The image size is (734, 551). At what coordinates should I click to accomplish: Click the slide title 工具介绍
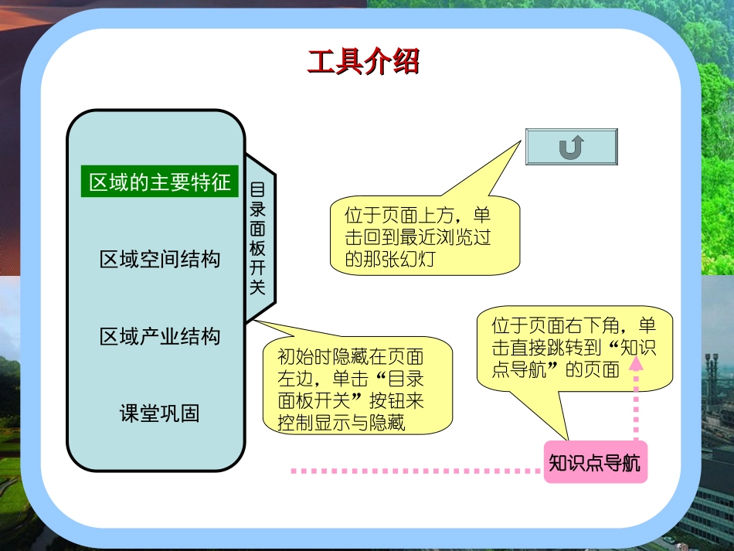pyautogui.click(x=363, y=62)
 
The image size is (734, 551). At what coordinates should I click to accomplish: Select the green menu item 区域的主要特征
pyautogui.click(x=160, y=183)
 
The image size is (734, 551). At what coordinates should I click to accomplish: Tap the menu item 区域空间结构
pyautogui.click(x=160, y=259)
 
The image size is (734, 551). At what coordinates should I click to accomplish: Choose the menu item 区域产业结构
pyautogui.click(x=160, y=336)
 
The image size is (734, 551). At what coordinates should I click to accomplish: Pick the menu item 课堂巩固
pyautogui.click(x=160, y=413)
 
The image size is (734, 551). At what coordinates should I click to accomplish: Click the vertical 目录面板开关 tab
pyautogui.click(x=258, y=238)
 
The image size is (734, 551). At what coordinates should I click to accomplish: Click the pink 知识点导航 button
pyautogui.click(x=595, y=463)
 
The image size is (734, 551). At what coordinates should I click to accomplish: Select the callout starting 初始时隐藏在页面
pyautogui.click(x=357, y=389)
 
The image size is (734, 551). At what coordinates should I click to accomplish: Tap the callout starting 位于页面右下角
pyautogui.click(x=574, y=347)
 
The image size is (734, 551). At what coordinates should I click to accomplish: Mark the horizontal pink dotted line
pyautogui.click(x=417, y=470)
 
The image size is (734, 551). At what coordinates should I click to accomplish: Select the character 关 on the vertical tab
pyautogui.click(x=258, y=287)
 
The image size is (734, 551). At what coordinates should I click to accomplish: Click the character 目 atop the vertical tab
pyautogui.click(x=258, y=189)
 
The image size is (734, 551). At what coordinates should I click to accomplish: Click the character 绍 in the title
pyautogui.click(x=405, y=62)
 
